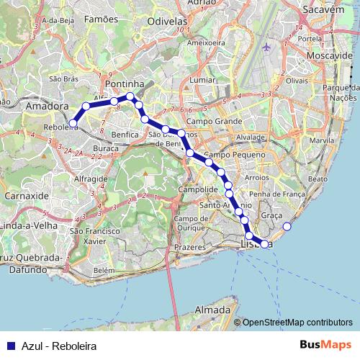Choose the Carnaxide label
point(25,195)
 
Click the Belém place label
point(104,270)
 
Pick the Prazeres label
point(189,247)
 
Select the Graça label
point(271,215)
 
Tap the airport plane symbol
point(268,48)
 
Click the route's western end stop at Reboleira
point(73,123)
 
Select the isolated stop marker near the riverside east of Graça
point(287,227)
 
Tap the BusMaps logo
point(325,345)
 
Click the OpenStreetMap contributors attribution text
point(297,323)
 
